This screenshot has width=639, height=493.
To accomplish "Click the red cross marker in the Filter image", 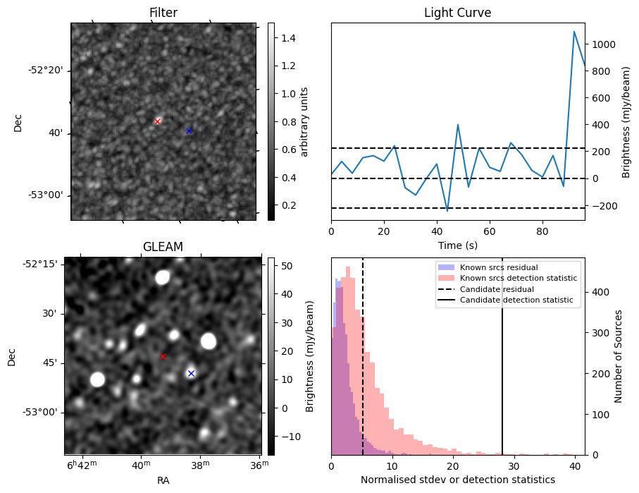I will point(157,121).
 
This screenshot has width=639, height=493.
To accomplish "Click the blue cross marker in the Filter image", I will point(189,130).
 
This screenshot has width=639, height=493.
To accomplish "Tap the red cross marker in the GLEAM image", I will point(163,356).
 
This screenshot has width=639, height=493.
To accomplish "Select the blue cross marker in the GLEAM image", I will point(191,373).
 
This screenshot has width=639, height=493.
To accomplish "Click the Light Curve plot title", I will point(457,13).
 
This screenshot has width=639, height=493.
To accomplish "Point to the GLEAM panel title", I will point(163,247).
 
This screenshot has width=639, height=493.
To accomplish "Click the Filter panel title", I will point(163,13).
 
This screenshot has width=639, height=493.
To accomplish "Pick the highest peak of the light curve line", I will point(574,32).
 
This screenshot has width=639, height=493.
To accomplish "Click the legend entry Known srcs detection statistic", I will point(518,279).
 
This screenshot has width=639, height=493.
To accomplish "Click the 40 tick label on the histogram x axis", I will point(576,465).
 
